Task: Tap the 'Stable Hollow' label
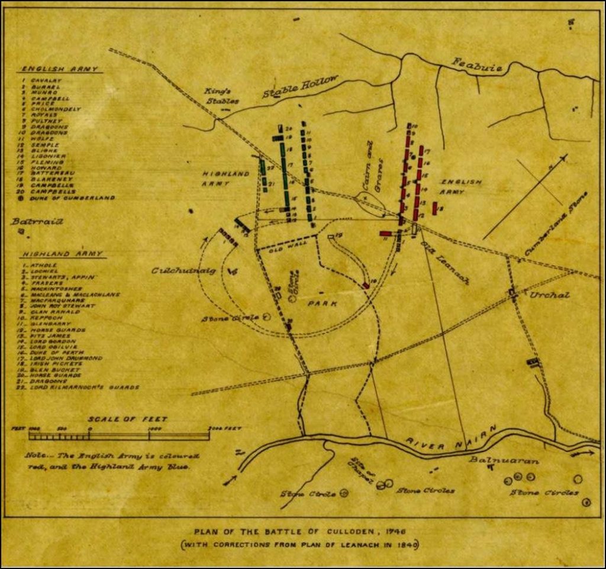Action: (x=300, y=87)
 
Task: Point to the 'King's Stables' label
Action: (x=222, y=96)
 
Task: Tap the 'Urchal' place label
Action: (x=550, y=294)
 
